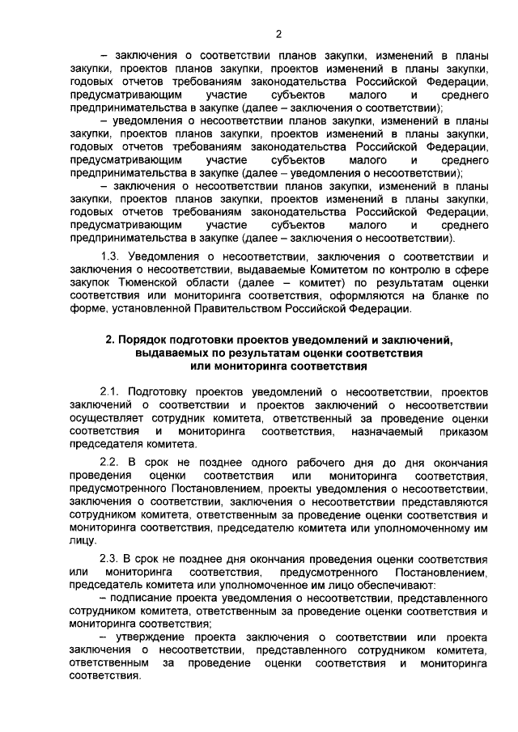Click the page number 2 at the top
click(x=278, y=33)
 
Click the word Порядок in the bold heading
click(x=147, y=340)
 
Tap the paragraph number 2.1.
click(x=110, y=391)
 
